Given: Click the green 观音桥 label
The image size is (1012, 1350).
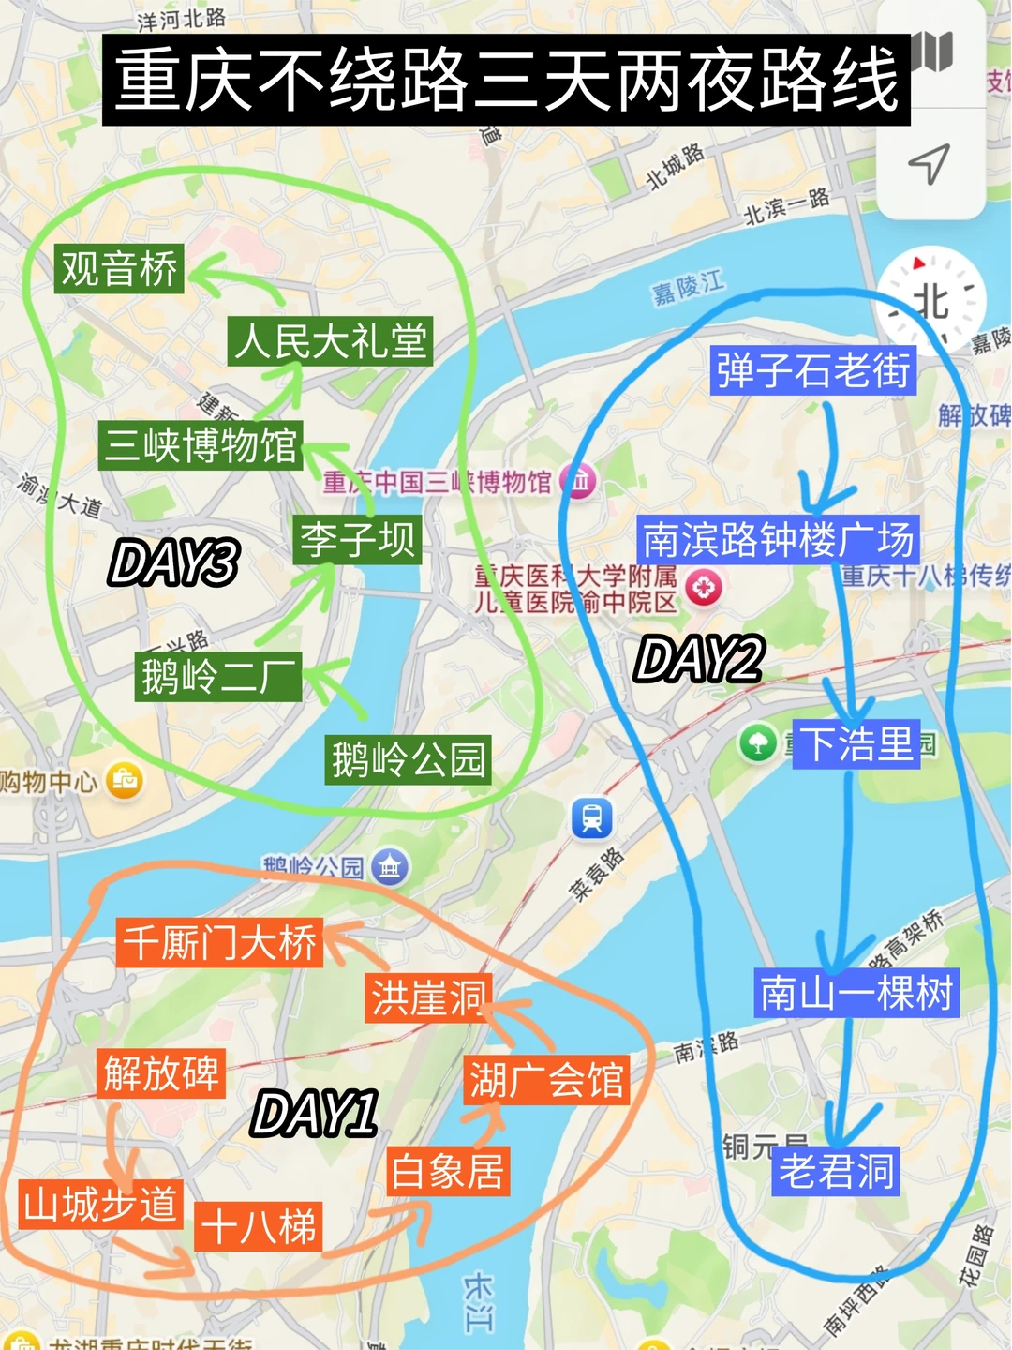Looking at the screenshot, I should tap(119, 269).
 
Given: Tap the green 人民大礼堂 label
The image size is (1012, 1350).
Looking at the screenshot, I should tap(330, 340).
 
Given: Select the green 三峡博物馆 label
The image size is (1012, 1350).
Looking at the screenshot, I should tap(201, 444).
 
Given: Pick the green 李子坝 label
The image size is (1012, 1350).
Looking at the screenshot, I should tap(357, 539).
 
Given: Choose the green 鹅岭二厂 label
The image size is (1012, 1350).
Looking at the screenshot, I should tap(218, 676).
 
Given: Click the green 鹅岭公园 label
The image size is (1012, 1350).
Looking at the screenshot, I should tap(409, 758).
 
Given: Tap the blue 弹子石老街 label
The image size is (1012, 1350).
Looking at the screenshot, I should tap(812, 369).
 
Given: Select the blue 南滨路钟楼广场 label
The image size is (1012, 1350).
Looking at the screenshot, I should tap(778, 539).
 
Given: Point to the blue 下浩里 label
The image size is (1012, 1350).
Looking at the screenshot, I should tap(856, 744).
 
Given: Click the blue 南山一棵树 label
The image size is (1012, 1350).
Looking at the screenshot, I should tap(856, 993).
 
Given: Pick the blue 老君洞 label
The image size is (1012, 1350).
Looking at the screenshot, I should tap(837, 1170).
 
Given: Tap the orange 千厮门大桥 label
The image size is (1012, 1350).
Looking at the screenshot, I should tap(220, 942).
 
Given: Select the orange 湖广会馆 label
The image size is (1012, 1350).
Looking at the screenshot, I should tap(546, 1079).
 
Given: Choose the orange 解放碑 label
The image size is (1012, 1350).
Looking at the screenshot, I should tap(161, 1072).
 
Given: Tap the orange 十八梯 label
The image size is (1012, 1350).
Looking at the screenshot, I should tap(260, 1226).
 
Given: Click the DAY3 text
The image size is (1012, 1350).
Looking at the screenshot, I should tap(174, 562).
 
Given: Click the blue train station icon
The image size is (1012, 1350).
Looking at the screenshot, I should tap(592, 817).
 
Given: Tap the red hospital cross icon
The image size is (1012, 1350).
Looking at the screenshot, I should tap(704, 588).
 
